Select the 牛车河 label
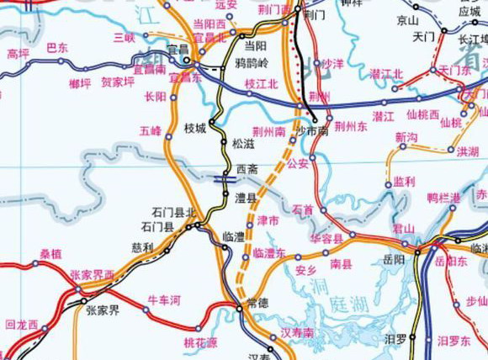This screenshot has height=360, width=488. point(164,299)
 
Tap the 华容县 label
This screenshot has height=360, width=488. point(326,239)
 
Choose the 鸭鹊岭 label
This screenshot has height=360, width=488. point(253,62)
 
